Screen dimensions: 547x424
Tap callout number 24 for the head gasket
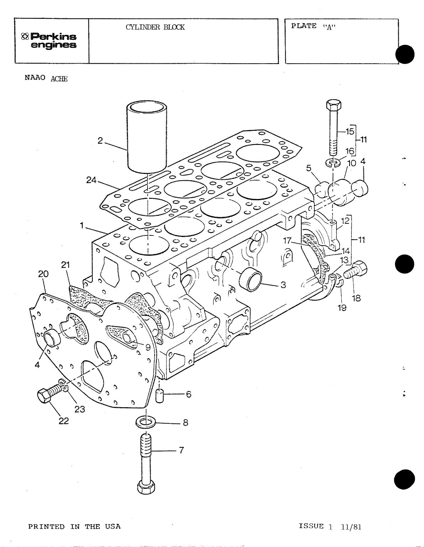coord(92,180)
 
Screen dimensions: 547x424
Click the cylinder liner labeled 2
coord(147,135)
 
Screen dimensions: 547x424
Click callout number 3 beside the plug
coord(283,285)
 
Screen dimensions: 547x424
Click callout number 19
coord(342,308)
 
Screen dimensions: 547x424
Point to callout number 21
coord(65,265)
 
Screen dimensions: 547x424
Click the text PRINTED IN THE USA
coord(74,527)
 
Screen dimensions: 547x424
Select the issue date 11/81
coord(351,527)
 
